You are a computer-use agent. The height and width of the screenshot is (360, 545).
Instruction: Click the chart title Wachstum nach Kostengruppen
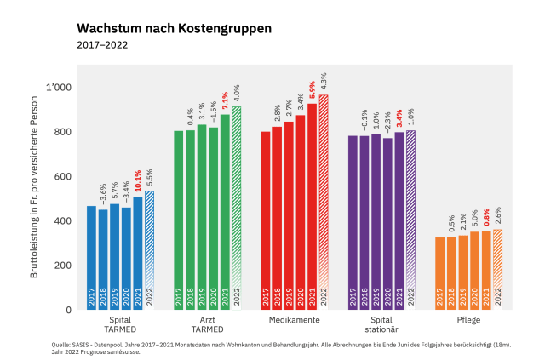click(x=174, y=28)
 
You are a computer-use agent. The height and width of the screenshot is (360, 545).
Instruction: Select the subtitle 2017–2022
click(x=102, y=44)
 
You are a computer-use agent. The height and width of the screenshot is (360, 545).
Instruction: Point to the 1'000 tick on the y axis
click(x=60, y=88)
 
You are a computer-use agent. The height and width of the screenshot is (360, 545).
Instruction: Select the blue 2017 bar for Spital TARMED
click(x=91, y=255)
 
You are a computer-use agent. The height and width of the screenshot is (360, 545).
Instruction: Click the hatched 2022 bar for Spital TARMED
click(x=149, y=251)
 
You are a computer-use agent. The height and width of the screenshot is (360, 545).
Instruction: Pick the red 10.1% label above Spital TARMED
click(x=138, y=181)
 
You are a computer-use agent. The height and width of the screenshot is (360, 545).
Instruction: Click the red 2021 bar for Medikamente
click(x=312, y=204)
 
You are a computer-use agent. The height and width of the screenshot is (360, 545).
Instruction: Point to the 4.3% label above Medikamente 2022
click(x=324, y=82)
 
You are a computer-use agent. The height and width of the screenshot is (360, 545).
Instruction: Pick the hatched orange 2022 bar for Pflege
click(x=497, y=269)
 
